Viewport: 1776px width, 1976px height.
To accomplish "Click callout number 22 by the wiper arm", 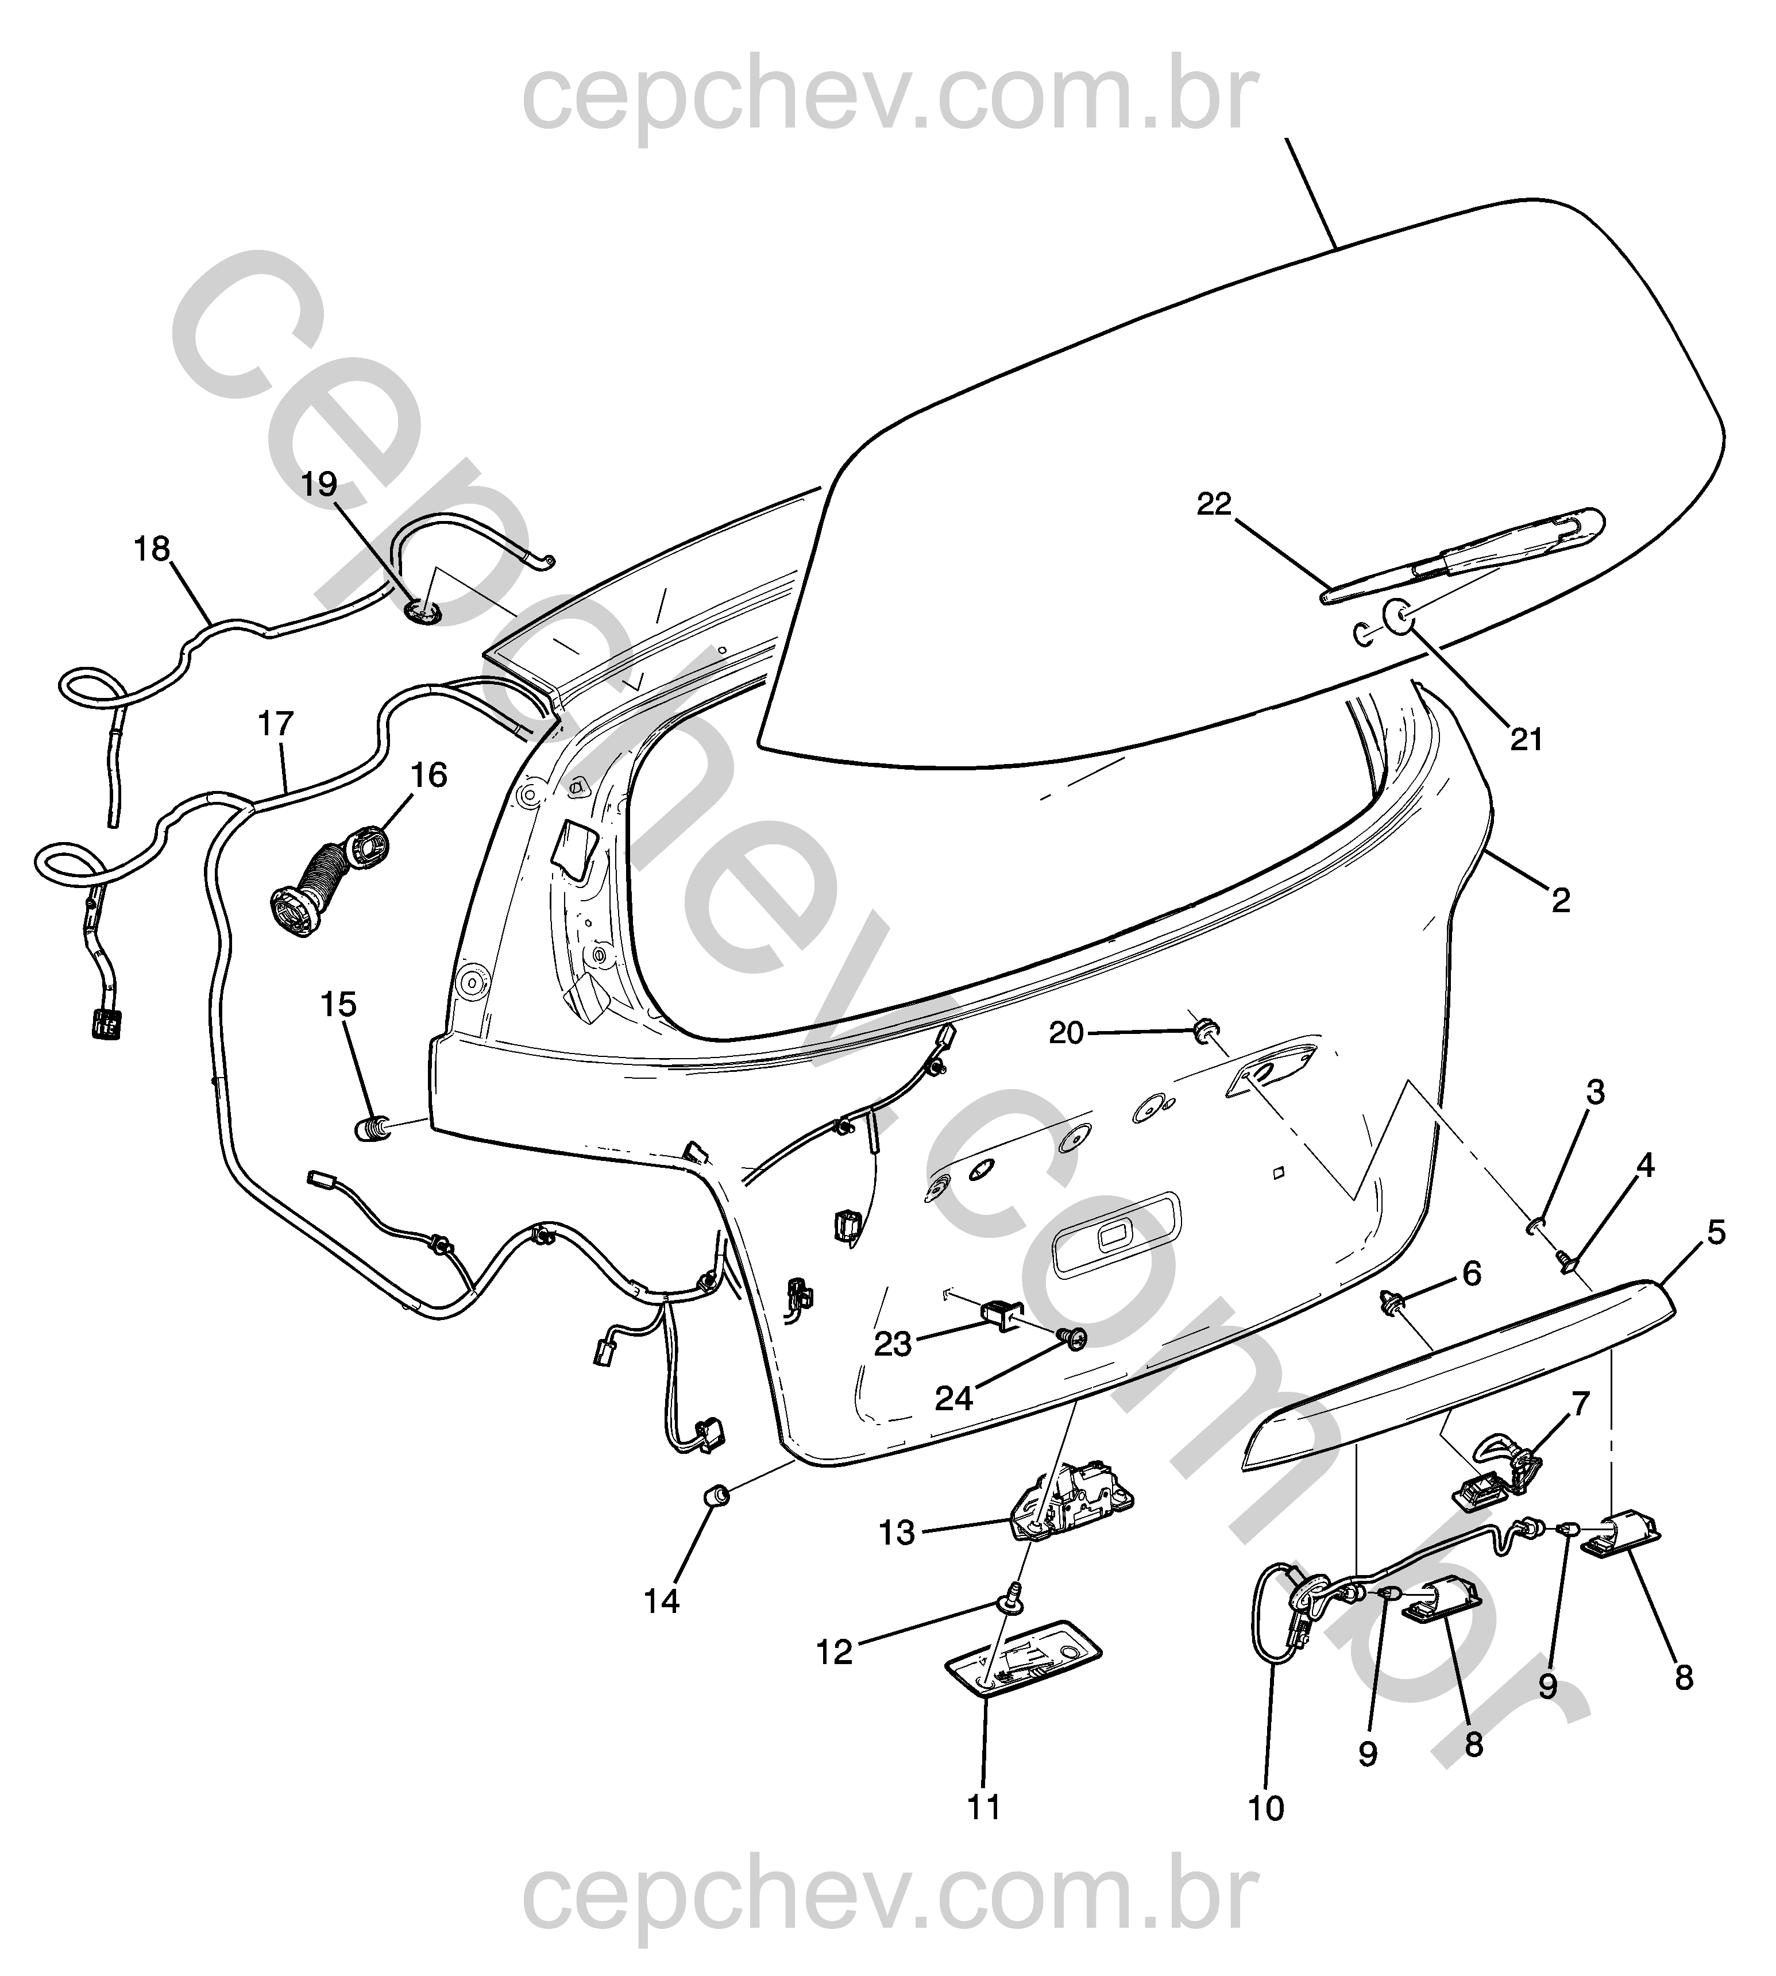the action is (x=1215, y=504).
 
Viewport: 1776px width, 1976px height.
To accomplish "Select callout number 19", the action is (x=319, y=484).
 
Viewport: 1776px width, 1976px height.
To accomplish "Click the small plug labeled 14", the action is (x=717, y=1494).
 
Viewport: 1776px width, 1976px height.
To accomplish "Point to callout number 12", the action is (x=835, y=1652).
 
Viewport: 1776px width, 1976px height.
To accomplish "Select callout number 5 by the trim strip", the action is (x=1716, y=1233).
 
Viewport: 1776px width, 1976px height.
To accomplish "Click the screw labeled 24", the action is (x=1074, y=1340).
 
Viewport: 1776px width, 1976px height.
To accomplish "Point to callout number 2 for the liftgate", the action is (x=1561, y=901).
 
